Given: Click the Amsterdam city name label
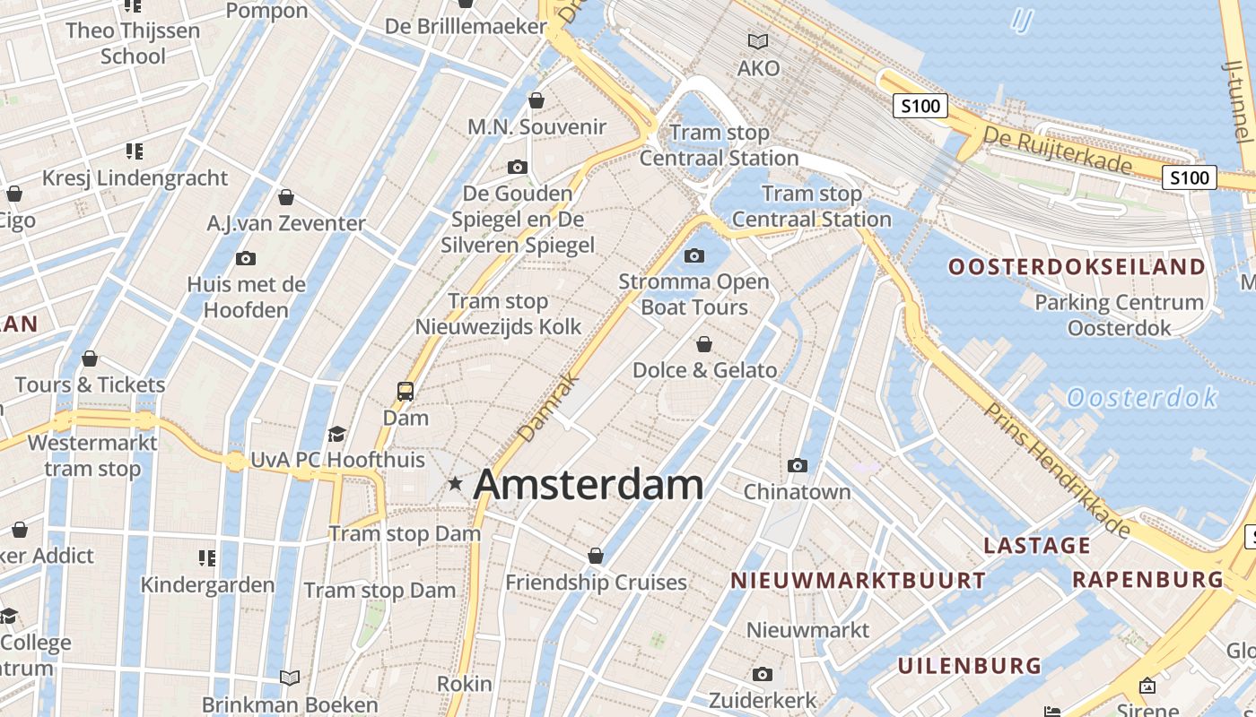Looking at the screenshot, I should (x=588, y=485).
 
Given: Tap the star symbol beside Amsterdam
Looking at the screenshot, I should (x=456, y=484).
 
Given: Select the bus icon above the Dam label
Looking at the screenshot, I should (x=406, y=392).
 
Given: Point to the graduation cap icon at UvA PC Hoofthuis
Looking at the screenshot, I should (x=337, y=435).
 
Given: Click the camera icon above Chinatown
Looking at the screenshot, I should (x=797, y=465).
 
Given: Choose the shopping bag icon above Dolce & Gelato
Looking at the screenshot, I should (x=704, y=344).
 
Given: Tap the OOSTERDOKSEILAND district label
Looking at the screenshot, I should (x=1077, y=267).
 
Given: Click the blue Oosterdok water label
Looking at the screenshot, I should (x=1141, y=397).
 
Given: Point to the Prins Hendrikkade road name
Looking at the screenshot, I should (x=1057, y=470).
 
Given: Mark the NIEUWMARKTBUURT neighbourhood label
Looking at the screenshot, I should (x=858, y=581).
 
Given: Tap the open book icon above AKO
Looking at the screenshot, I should (x=758, y=41).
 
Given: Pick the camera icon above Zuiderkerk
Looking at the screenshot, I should (x=763, y=674).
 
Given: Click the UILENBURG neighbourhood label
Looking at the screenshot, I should (x=970, y=666).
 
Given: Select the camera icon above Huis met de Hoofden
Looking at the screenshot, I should (x=245, y=259).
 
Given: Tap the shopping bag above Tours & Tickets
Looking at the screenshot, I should (x=90, y=359).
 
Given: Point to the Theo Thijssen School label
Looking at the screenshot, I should (x=133, y=43).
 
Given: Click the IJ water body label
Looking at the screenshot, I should (x=1021, y=20).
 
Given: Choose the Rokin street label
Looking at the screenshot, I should (x=464, y=684).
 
